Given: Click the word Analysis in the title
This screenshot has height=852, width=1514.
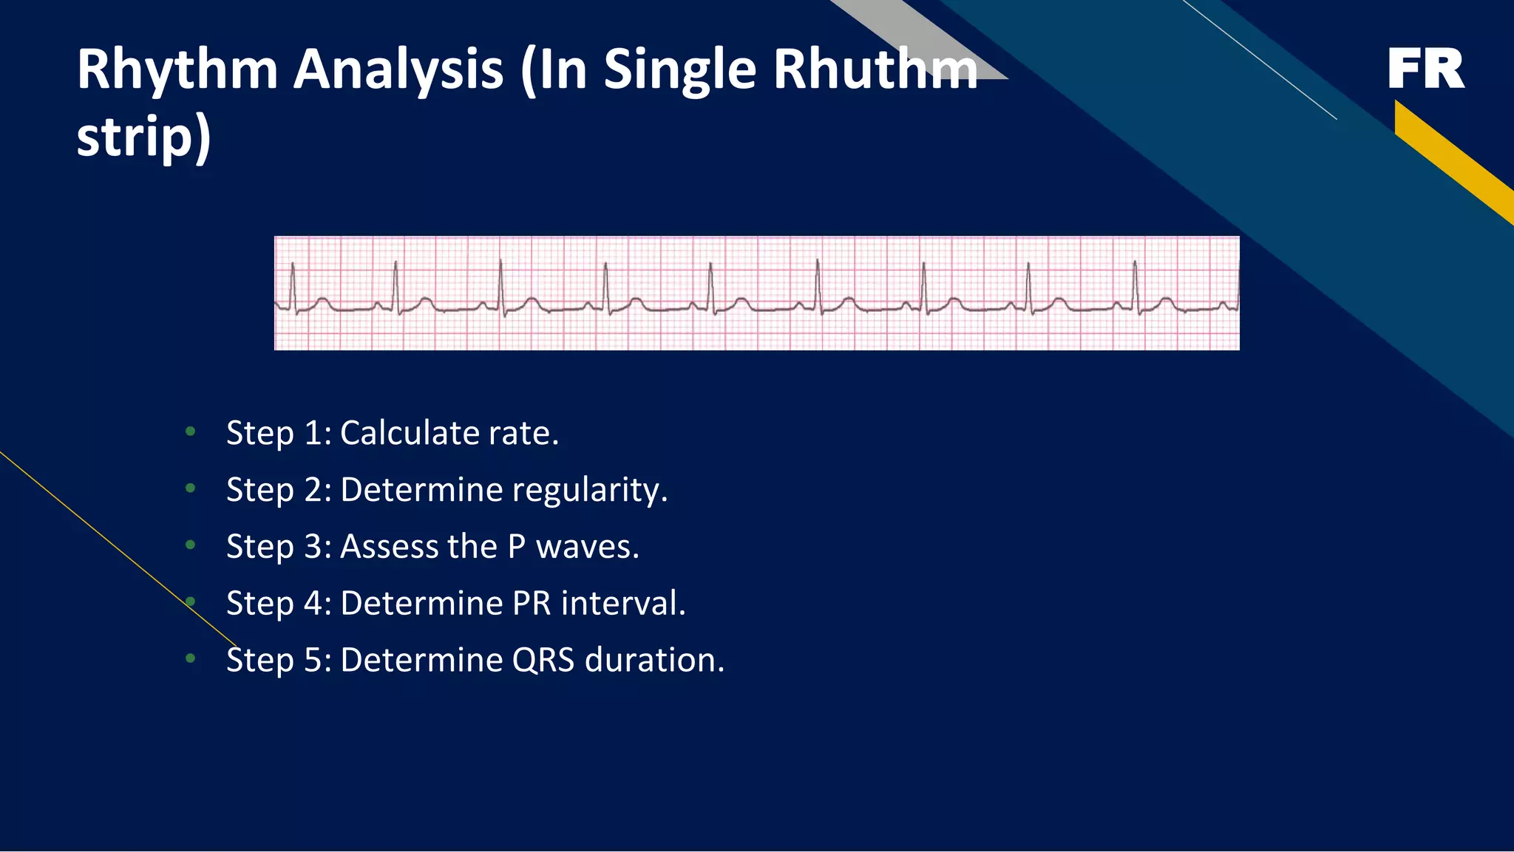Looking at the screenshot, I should point(398,70).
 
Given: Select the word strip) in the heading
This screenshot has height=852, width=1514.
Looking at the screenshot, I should point(143,137).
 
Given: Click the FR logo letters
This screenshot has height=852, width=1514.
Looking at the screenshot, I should point(1425,69).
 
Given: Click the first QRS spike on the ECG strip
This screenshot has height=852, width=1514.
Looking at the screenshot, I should point(293,284).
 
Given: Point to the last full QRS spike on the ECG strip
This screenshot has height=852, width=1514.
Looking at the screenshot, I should point(1135,284).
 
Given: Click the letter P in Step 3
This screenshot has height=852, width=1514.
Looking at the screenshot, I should point(516,547).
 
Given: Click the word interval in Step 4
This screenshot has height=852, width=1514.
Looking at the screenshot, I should point(623,604).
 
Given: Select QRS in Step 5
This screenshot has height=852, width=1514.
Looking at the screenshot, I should point(543,660).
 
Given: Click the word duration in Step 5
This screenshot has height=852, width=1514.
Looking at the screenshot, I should point(654,660).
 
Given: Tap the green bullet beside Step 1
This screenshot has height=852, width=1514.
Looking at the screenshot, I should point(191,431).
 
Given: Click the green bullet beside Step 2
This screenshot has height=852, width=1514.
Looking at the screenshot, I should point(191,488).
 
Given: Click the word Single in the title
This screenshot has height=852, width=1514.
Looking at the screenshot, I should point(680,70).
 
